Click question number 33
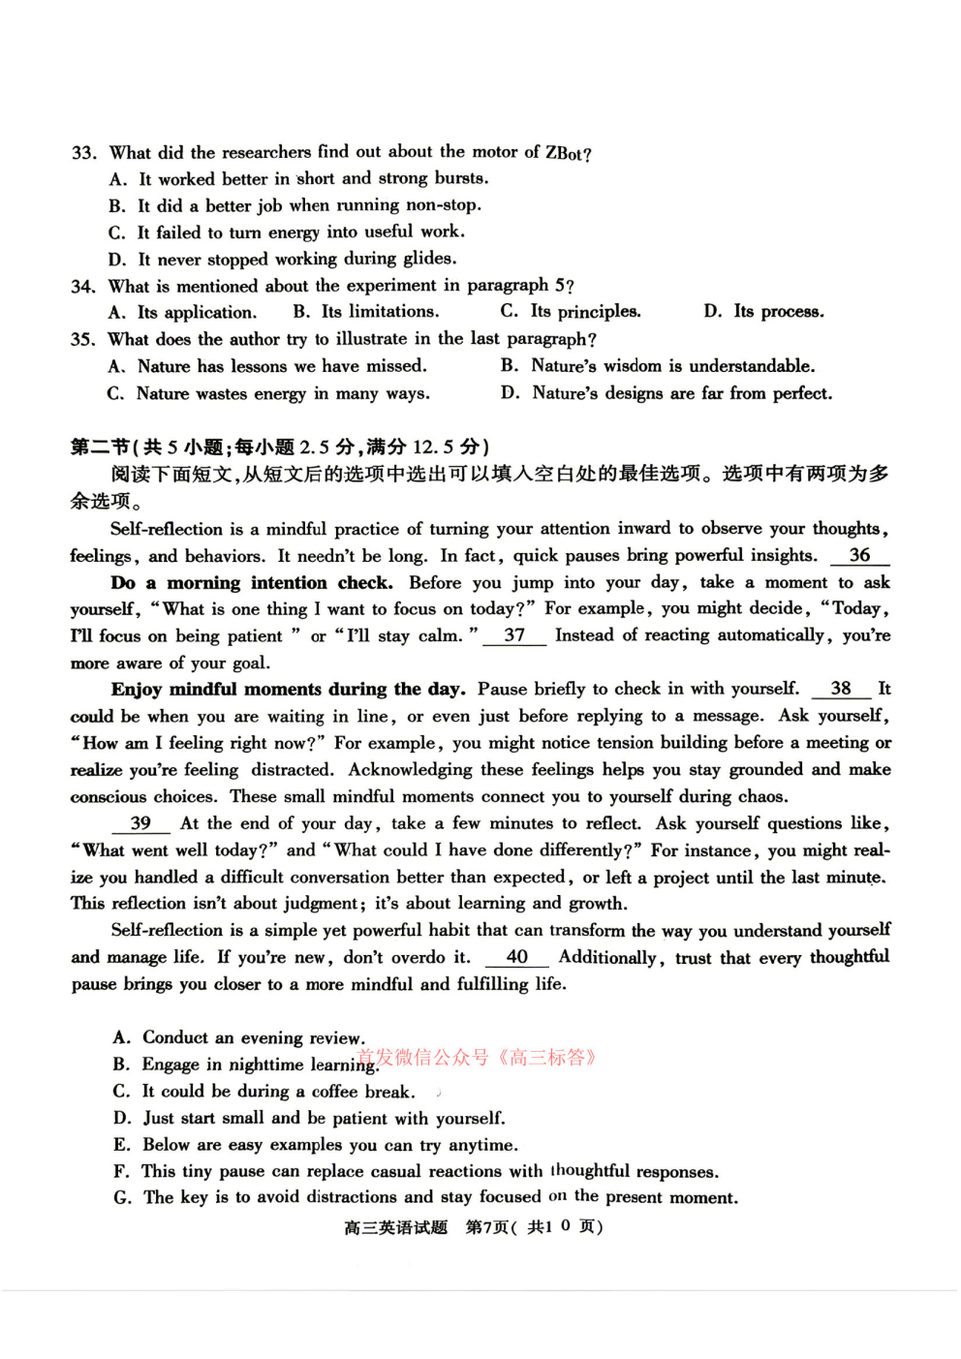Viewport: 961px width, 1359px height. point(83,153)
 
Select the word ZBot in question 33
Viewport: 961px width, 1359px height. point(566,152)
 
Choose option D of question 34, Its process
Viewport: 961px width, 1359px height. point(764,311)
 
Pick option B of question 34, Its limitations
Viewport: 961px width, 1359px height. point(366,311)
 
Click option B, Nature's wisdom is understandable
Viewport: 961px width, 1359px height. point(659,365)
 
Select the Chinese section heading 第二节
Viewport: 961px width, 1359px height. point(100,447)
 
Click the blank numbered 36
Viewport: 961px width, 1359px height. point(859,555)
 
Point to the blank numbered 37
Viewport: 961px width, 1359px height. point(514,635)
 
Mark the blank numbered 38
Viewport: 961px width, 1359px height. point(841,689)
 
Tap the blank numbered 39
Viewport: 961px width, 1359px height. point(140,823)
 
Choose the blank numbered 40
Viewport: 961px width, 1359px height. point(517,957)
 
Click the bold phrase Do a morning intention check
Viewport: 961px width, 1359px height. point(252,582)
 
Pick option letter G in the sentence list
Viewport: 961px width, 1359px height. point(122,1197)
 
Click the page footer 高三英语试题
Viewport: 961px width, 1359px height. point(395,1227)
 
